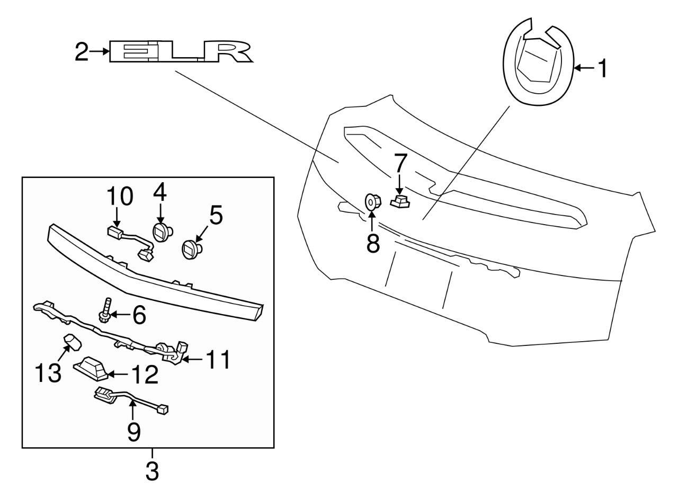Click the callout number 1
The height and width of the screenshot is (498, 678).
(601, 68)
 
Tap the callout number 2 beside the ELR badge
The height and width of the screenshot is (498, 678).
(81, 52)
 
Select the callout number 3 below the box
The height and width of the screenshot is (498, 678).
(152, 470)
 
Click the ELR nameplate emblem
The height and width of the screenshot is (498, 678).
(180, 52)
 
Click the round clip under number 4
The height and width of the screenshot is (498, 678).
(161, 232)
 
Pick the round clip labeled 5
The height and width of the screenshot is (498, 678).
(191, 248)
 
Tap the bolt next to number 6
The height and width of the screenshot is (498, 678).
(104, 310)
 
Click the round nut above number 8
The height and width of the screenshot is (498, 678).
(372, 202)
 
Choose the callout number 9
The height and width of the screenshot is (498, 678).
(134, 432)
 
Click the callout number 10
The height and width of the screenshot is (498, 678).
(120, 196)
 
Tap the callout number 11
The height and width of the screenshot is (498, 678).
(217, 360)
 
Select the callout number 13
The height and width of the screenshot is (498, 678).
(49, 372)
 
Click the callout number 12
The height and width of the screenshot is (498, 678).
(144, 375)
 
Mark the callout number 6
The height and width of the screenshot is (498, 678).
(138, 315)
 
